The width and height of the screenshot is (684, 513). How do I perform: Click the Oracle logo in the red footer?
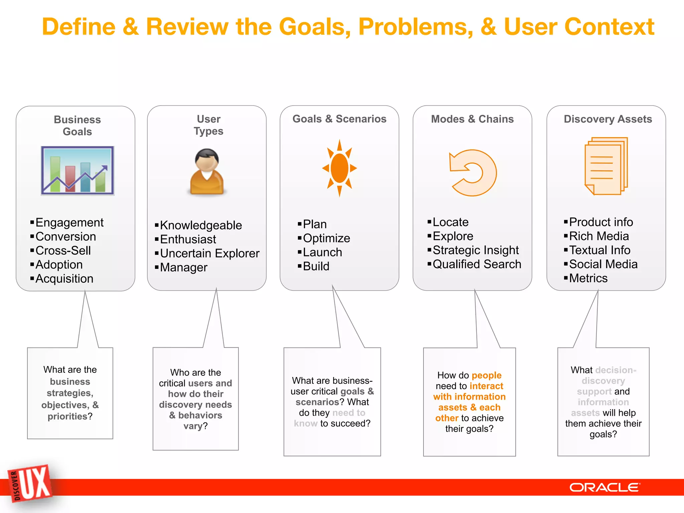(605, 487)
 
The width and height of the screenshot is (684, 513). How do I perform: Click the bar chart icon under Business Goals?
(77, 171)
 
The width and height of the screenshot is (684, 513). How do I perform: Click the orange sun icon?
(339, 168)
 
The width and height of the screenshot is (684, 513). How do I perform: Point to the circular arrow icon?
(472, 172)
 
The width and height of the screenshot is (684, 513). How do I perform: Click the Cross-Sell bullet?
(63, 250)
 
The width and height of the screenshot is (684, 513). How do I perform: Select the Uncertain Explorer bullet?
(209, 253)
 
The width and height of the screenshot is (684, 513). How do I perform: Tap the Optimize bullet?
(326, 238)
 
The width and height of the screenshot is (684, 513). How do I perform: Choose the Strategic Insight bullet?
(476, 250)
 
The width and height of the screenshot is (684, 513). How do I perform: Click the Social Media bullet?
(603, 264)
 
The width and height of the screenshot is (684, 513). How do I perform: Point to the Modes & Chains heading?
(472, 119)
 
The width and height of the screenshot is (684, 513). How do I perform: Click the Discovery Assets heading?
(608, 119)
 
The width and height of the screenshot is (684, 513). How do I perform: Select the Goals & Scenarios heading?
(339, 119)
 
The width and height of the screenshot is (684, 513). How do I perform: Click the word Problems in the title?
(415, 27)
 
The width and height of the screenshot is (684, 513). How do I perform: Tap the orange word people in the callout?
(486, 375)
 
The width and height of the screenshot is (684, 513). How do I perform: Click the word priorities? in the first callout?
(70, 416)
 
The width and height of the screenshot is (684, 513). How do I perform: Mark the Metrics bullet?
(588, 278)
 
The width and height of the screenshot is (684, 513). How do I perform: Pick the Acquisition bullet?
(64, 279)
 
